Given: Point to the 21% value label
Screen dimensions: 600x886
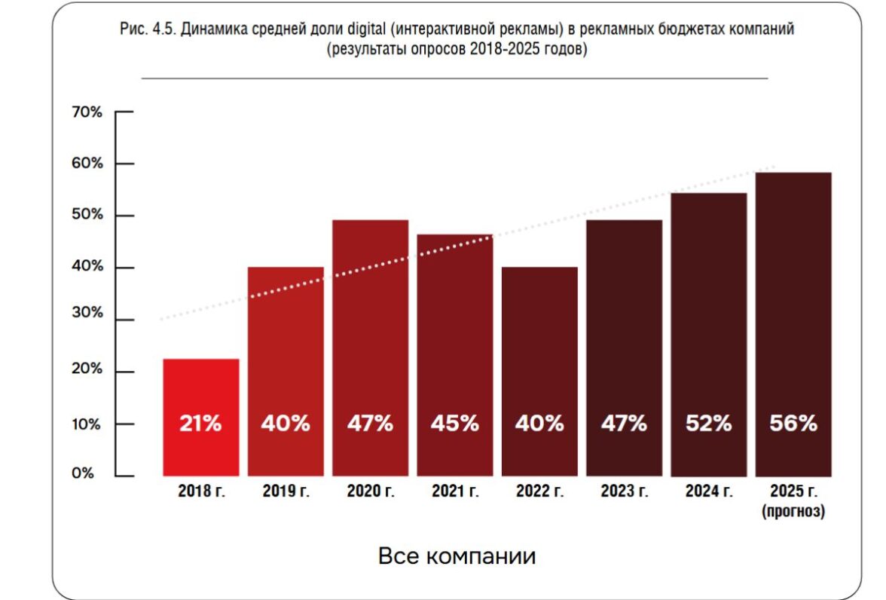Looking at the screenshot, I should point(200,424).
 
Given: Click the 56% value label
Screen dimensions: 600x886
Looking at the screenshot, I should point(793,424).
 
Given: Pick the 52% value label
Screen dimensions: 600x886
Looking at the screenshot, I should point(708,424).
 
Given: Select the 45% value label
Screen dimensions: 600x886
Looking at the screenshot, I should point(454,424).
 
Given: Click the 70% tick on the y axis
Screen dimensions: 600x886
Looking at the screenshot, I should point(87,112).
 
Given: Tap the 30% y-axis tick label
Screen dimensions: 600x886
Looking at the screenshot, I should point(87,313).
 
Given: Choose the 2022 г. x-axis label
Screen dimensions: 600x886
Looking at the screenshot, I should point(539,492).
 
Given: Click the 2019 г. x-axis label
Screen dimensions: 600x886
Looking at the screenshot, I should point(286,492).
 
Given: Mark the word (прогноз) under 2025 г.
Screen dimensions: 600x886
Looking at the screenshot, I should point(793,512).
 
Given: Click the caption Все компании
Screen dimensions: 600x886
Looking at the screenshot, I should point(457,556).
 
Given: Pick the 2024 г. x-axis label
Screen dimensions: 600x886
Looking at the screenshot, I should point(708,492).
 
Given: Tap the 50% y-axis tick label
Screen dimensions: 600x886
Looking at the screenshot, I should point(87,215).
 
